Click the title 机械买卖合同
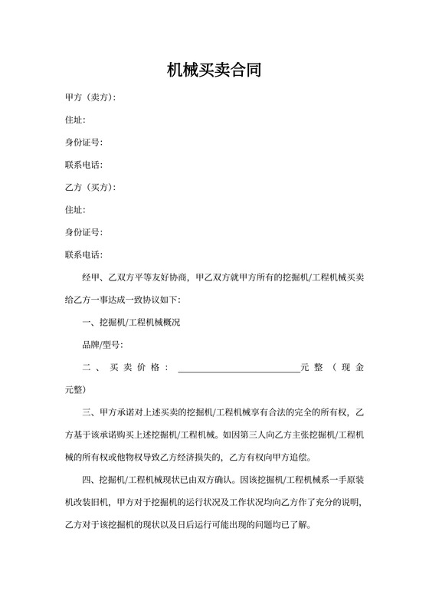(x=215, y=71)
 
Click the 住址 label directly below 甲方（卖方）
(x=75, y=120)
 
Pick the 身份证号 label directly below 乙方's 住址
(x=84, y=231)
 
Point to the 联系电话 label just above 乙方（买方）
(x=84, y=165)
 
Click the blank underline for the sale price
(x=238, y=368)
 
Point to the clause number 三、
(x=89, y=415)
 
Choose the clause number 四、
(x=89, y=481)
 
